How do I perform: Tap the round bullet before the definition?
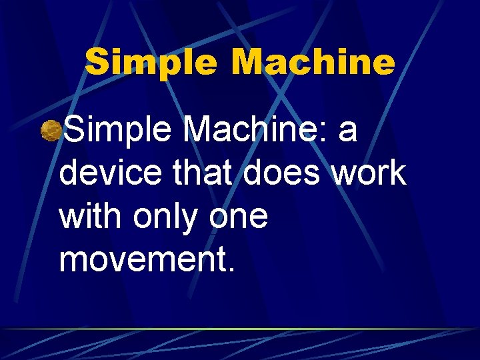(50, 131)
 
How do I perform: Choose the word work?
(369, 173)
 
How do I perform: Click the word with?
(93, 217)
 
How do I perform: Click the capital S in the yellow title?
(97, 63)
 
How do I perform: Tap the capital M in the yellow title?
(249, 63)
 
